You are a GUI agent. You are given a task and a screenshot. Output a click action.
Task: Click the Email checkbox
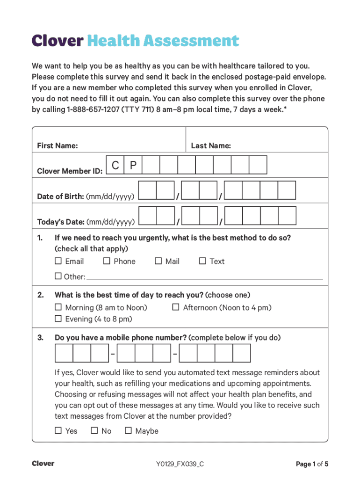(58, 261)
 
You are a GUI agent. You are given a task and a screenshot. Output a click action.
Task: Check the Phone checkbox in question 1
(107, 261)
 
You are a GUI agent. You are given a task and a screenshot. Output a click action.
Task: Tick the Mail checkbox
(158, 261)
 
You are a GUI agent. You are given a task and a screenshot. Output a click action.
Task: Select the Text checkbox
(202, 261)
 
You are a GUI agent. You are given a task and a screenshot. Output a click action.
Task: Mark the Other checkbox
(58, 276)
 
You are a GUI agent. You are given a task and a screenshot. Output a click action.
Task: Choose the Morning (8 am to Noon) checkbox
(58, 307)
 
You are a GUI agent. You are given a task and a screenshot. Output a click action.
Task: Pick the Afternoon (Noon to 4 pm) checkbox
(176, 307)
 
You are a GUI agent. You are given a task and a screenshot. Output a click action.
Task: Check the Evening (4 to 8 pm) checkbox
(58, 319)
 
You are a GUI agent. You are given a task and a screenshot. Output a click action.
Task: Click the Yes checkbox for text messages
(58, 430)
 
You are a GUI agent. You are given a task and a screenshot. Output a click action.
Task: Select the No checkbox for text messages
(94, 430)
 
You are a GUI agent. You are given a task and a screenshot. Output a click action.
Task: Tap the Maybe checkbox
(128, 430)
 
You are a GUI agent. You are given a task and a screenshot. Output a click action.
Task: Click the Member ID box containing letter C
(115, 165)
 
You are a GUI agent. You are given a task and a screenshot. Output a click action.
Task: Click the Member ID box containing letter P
(133, 165)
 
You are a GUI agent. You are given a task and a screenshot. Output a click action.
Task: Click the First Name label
(57, 146)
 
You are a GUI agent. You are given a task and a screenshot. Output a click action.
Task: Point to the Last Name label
(211, 146)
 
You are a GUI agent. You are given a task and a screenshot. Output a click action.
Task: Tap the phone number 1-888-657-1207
(96, 109)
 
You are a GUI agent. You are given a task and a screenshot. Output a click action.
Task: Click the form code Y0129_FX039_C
(180, 464)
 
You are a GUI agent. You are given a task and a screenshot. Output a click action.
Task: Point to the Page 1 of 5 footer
(312, 464)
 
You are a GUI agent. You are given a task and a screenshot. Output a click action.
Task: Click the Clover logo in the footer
(43, 464)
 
